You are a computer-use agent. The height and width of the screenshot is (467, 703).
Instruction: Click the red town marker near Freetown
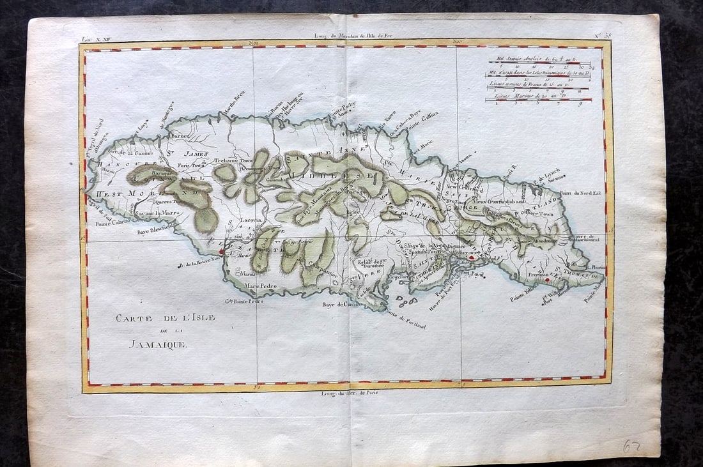(546, 279)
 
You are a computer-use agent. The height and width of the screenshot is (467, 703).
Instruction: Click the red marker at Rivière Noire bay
(221, 252)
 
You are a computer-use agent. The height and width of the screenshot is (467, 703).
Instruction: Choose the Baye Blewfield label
(155, 232)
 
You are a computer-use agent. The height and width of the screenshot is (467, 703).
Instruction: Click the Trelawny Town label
(234, 160)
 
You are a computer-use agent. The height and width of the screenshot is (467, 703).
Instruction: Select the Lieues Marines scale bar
(539, 100)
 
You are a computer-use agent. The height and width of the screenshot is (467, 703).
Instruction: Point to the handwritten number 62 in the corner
(633, 446)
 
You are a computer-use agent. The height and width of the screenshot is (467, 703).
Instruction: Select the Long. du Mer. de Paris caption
(351, 392)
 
